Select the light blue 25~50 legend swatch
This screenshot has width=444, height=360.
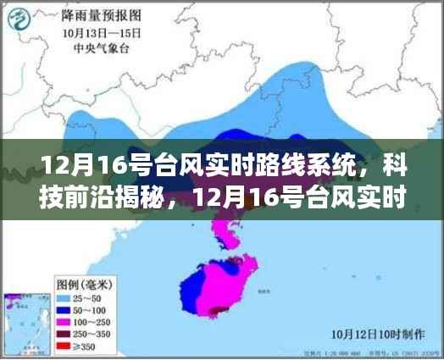tap(63, 299)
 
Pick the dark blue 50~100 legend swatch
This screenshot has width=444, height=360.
tap(63, 311)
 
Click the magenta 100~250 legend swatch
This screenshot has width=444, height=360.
tap(63, 323)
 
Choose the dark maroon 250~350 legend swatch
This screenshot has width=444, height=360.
tap(63, 334)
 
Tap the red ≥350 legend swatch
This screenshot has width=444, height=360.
tap(63, 346)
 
